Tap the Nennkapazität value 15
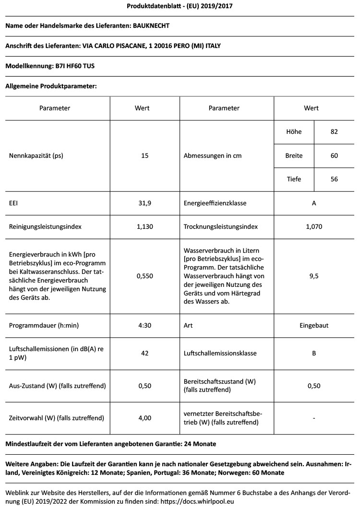point(145,155)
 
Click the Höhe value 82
point(334,132)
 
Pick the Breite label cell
point(294,156)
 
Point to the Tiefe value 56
point(334,179)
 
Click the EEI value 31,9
point(145,203)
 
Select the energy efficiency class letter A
point(314,203)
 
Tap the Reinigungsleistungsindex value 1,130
point(145,226)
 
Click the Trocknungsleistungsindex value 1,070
point(314,226)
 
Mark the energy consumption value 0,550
point(145,276)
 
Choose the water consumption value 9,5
point(314,276)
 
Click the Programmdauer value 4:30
point(145,325)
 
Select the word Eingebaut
point(314,325)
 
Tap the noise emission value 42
point(145,353)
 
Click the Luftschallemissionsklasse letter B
point(314,353)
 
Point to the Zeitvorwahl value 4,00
point(145,418)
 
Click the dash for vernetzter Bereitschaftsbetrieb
point(314,418)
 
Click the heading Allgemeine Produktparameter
point(51,86)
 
